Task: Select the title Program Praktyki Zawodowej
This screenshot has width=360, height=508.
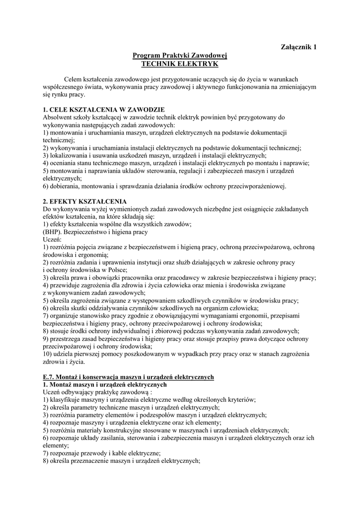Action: pyautogui.click(x=179, y=56)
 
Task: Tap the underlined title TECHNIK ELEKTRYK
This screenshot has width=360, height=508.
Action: pyautogui.click(x=179, y=64)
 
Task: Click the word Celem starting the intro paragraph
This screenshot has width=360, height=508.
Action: pyautogui.click(x=73, y=79)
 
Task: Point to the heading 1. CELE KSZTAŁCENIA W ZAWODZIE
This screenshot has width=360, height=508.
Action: pyautogui.click(x=103, y=110)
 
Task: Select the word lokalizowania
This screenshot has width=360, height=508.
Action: pyautogui.click(x=70, y=155)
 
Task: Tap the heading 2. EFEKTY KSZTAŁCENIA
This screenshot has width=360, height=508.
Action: pyautogui.click(x=84, y=201)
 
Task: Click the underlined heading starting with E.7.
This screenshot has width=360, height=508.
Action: pyautogui.click(x=128, y=377)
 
